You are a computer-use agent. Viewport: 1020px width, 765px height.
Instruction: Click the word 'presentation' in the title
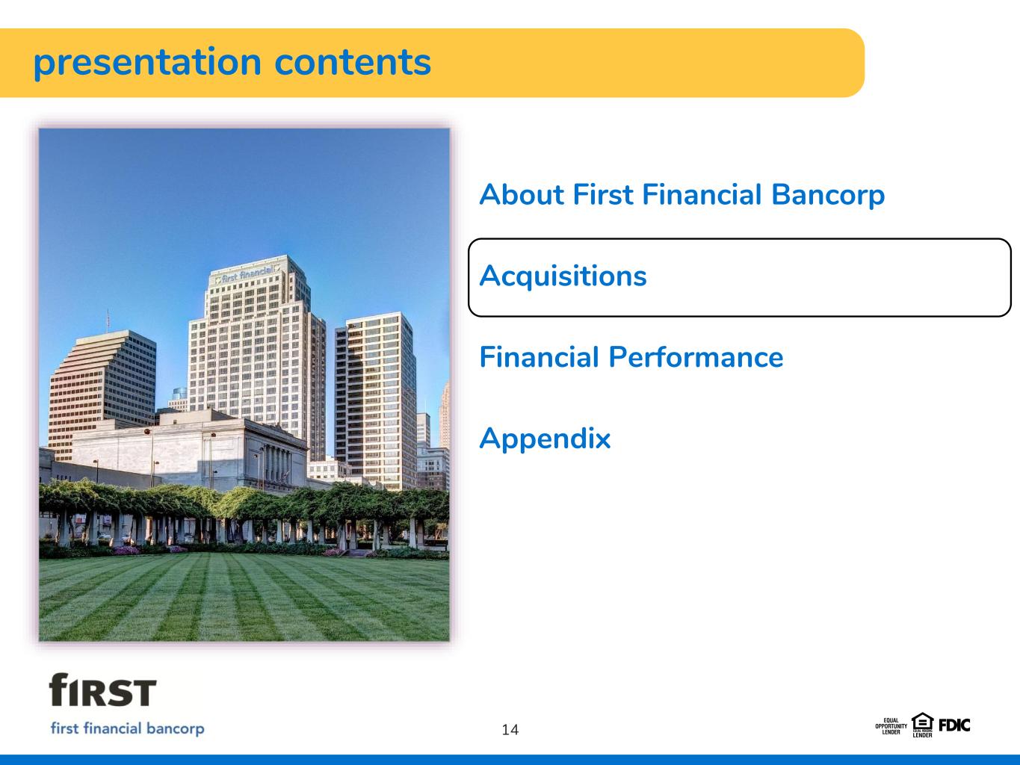click(147, 64)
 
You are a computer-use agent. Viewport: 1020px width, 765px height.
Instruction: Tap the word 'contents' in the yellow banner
click(353, 62)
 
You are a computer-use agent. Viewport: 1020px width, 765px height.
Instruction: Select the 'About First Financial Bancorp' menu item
click(681, 195)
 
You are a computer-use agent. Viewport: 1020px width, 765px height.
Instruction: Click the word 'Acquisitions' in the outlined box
click(563, 277)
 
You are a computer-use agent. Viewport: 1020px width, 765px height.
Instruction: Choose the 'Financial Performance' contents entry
click(631, 357)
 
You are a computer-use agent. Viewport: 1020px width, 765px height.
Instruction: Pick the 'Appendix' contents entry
click(545, 439)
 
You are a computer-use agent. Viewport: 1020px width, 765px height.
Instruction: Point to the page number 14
click(510, 730)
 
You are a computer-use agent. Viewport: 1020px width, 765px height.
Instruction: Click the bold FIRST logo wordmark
click(102, 690)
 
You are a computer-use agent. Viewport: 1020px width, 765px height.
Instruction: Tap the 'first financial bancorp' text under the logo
click(127, 728)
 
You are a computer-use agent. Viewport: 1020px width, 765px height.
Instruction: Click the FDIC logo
click(954, 725)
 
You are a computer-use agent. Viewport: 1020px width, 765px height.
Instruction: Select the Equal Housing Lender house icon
click(922, 725)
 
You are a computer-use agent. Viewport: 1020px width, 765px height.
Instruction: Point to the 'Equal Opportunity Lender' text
click(891, 726)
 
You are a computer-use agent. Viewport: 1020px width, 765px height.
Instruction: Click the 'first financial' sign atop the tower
click(247, 274)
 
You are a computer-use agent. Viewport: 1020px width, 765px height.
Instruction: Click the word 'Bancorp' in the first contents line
click(828, 195)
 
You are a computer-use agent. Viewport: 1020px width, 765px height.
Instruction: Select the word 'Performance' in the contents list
click(696, 357)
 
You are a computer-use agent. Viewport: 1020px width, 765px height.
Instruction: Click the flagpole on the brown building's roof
click(108, 320)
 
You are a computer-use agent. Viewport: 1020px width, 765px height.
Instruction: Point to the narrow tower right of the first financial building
click(375, 400)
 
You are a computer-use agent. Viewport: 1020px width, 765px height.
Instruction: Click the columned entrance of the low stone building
click(277, 464)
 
